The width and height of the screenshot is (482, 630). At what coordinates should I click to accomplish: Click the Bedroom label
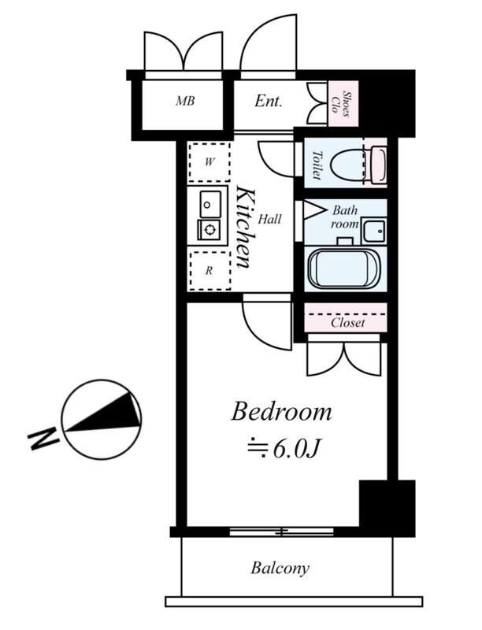click(282, 412)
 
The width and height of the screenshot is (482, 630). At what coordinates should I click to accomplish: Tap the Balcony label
click(280, 568)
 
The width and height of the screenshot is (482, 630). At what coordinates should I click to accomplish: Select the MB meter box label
click(185, 101)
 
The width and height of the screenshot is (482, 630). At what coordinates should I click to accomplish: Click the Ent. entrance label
click(269, 102)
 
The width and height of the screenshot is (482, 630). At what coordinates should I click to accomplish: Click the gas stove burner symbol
click(209, 230)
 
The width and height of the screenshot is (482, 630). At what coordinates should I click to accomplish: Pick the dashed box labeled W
click(209, 162)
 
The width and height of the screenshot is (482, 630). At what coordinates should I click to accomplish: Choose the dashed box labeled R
click(209, 271)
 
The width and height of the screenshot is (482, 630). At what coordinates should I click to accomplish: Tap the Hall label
click(269, 219)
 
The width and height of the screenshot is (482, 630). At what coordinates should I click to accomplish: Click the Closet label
click(348, 323)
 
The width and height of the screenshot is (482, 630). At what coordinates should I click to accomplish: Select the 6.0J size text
click(284, 449)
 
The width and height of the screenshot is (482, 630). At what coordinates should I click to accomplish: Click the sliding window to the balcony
click(282, 532)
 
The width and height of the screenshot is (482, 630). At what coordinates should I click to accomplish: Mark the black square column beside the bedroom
click(387, 507)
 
